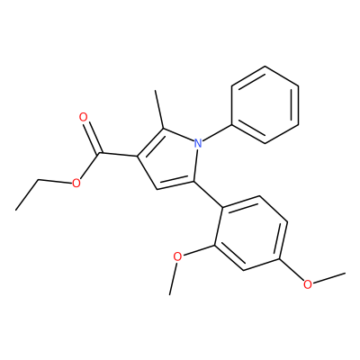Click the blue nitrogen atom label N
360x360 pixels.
coord(197,143)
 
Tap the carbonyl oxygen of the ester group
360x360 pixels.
coord(84,117)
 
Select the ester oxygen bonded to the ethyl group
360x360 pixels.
coord(76,183)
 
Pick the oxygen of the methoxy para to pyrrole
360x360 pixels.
coord(307,283)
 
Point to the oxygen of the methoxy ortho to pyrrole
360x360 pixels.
coord(178,256)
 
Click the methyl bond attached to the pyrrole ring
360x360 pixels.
coord(159,110)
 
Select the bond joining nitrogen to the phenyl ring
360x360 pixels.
coord(217,132)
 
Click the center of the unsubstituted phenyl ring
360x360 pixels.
coord(265,104)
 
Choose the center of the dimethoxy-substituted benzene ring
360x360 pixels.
coord(250,233)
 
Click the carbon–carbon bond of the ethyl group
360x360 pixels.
coord(27,194)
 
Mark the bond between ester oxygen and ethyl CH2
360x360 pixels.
coord(56,181)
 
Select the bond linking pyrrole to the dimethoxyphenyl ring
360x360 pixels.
coord(208,193)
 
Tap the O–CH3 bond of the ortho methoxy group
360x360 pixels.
coord(174,278)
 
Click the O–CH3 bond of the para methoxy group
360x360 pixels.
coord(328,278)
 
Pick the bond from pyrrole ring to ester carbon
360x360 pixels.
coord(118,155)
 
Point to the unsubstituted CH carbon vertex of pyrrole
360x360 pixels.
coord(157,190)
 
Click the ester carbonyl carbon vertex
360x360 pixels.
coord(100,154)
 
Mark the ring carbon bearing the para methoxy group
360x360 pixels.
coord(280,258)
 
